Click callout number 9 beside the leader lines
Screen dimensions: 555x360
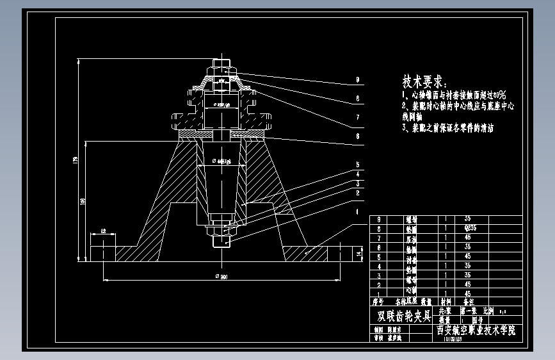point(357,81)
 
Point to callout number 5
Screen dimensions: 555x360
point(357,165)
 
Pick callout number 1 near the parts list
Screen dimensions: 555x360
point(357,211)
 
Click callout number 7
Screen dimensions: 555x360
point(357,117)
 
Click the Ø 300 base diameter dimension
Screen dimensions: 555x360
point(221,277)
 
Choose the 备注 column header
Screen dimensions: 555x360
point(469,300)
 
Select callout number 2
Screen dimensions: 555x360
point(357,192)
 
